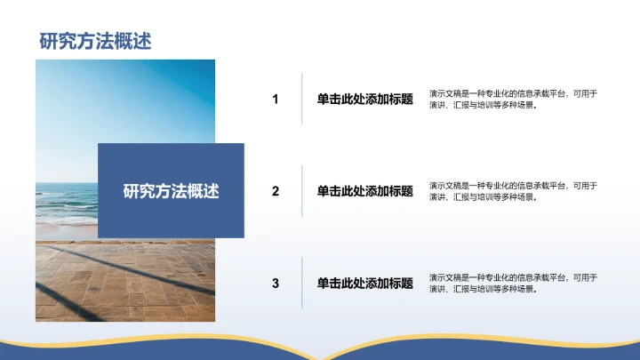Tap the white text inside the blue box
[x=171, y=191]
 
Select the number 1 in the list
[x=276, y=100]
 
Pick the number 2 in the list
[x=276, y=191]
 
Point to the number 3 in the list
[x=276, y=284]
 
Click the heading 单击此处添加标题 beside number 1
[x=364, y=100]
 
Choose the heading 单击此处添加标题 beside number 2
[x=364, y=191]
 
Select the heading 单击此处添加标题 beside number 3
[x=364, y=284]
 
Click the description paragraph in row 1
[x=512, y=100]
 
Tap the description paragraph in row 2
[x=512, y=191]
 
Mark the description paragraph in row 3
[x=512, y=284]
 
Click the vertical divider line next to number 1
[x=302, y=100]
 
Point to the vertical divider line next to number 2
[x=302, y=191]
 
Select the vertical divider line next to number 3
[x=302, y=284]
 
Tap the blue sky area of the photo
[x=124, y=98]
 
